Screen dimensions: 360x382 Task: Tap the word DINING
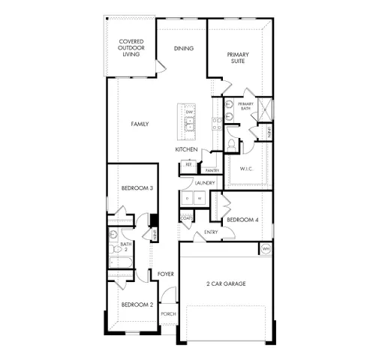pyautogui.click(x=184, y=49)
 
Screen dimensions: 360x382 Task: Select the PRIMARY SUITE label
pyautogui.click(x=239, y=58)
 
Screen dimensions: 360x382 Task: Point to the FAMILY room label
pyautogui.click(x=140, y=124)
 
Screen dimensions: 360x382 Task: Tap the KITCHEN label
pyautogui.click(x=186, y=149)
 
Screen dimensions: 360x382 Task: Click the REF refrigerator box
pyautogui.click(x=189, y=164)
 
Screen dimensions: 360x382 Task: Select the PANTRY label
pyautogui.click(x=212, y=170)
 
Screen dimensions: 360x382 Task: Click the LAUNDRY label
pyautogui.click(x=205, y=183)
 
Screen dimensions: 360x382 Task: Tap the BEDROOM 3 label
pyautogui.click(x=137, y=188)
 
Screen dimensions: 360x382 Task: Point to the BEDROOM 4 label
pyautogui.click(x=242, y=219)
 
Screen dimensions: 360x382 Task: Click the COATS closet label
pyautogui.click(x=187, y=218)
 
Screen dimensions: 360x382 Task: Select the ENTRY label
pyautogui.click(x=211, y=232)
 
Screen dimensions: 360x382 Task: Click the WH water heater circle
pyautogui.click(x=265, y=248)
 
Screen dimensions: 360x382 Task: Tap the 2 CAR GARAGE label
pyautogui.click(x=226, y=283)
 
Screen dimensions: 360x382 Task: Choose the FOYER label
pyautogui.click(x=166, y=274)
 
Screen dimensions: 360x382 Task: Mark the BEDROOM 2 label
pyautogui.click(x=137, y=304)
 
